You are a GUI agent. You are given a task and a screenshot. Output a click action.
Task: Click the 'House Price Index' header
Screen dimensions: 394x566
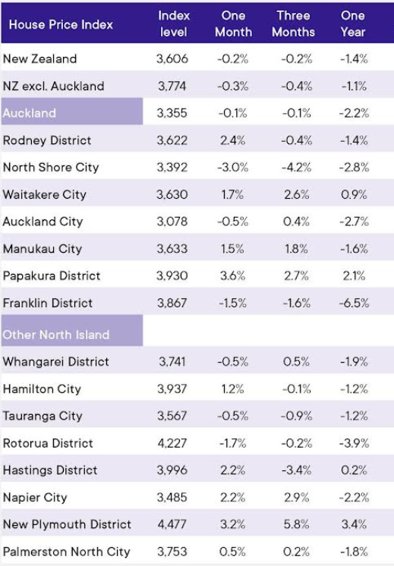61,24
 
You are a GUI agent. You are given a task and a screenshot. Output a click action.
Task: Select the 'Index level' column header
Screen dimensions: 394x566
174,24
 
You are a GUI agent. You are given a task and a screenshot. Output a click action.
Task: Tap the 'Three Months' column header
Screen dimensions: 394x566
293,24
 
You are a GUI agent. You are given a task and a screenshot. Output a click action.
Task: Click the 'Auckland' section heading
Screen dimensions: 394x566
30,113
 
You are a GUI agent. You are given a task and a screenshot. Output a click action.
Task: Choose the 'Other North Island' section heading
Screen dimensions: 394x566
56,335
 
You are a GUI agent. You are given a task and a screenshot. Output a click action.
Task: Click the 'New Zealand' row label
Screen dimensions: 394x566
39,59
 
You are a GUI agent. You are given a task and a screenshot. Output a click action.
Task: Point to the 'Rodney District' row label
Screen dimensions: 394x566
47,140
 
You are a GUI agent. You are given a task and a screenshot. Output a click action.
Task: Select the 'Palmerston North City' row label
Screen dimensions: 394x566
67,552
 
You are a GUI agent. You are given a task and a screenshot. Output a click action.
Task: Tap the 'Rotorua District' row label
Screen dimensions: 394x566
48,443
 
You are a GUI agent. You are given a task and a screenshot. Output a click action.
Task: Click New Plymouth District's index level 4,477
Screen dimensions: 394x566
172,524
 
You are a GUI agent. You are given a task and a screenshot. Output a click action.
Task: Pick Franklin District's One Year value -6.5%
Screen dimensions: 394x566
354,303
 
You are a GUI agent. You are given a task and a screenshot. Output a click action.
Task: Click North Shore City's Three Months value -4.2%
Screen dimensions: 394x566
297,167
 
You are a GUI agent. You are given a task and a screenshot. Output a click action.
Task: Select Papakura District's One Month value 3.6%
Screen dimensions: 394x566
233,275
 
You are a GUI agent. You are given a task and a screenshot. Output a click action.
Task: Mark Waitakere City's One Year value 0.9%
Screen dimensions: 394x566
354,194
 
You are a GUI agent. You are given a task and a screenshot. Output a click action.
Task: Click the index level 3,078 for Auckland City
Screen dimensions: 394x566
172,222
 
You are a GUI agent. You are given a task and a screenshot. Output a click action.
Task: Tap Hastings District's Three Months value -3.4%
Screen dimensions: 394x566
297,470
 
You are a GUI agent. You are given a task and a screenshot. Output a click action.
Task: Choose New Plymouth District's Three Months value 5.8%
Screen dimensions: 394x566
297,524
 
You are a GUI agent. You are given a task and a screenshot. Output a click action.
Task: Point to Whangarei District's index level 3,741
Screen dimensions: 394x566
172,361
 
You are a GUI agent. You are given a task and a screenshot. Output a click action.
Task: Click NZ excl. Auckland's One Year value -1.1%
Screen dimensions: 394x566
354,86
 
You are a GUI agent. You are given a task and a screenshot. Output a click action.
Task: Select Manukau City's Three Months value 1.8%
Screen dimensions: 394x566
297,249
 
